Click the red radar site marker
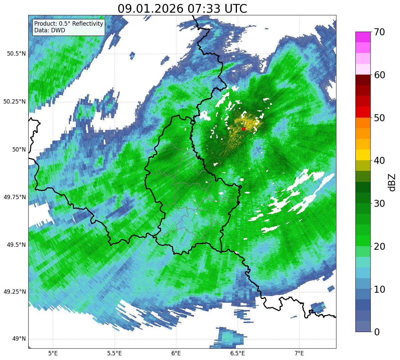[244, 129]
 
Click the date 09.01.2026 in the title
[150, 9]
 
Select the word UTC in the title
[236, 9]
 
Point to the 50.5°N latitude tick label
[14, 54]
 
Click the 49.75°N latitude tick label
[14, 197]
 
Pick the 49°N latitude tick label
[19, 339]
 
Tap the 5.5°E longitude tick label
[114, 353]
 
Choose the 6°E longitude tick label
[176, 353]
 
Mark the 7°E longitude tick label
[299, 353]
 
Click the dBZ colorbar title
[392, 182]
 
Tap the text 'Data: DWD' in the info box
[50, 30]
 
